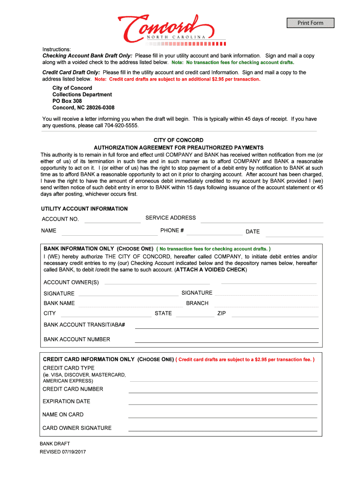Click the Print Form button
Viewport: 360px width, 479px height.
point(310,23)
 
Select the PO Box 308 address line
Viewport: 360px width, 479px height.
point(67,101)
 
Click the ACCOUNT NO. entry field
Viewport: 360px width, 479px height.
point(112,219)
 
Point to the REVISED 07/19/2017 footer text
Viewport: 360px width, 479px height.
point(63,452)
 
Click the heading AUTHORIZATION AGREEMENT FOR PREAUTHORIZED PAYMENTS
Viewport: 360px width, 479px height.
point(179,147)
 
